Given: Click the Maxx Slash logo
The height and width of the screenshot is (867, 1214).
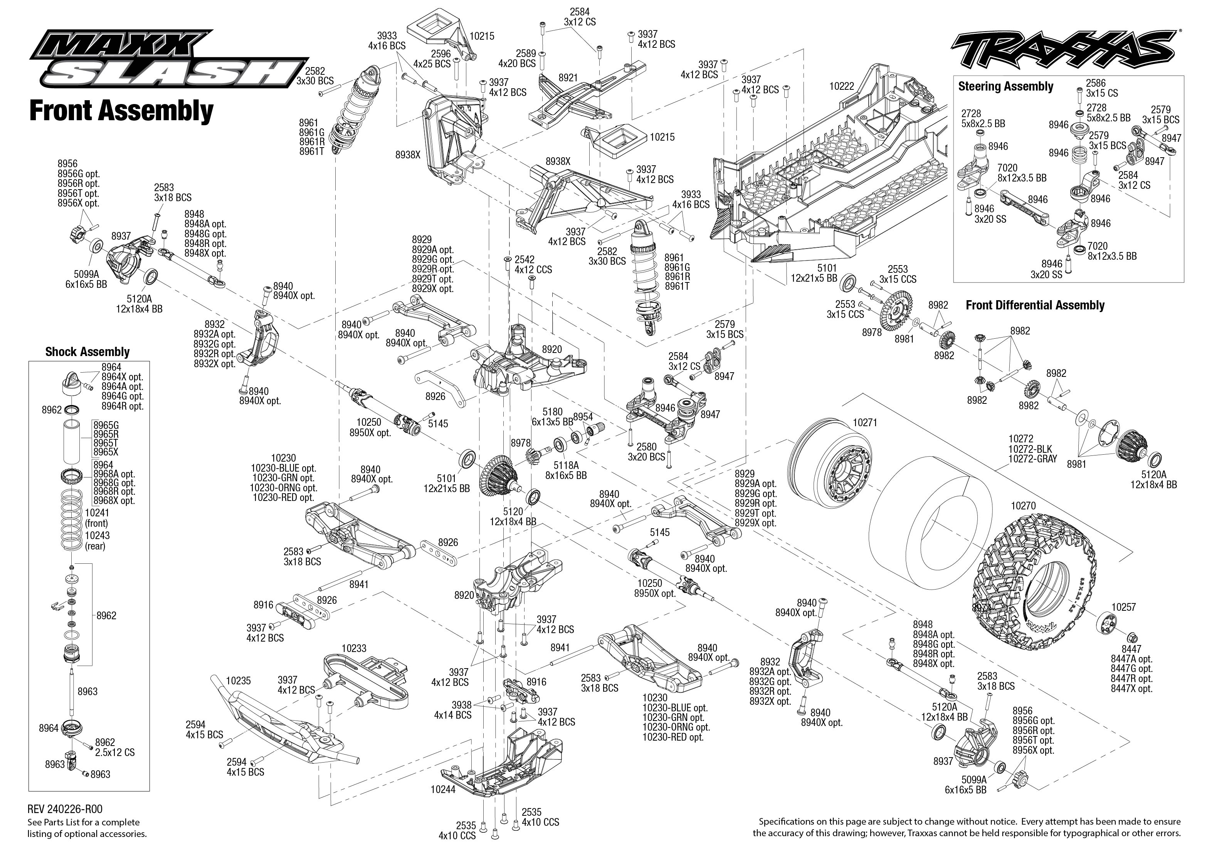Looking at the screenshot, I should (x=170, y=60).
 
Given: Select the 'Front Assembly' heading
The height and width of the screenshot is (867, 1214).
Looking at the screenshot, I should (x=121, y=111).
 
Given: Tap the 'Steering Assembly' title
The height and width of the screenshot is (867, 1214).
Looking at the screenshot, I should (x=1005, y=86).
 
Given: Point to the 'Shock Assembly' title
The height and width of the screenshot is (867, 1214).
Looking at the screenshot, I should (x=87, y=352).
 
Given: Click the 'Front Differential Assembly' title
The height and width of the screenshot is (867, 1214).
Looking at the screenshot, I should (x=1035, y=305).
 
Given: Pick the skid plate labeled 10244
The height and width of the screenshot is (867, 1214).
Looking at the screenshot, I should (x=502, y=763).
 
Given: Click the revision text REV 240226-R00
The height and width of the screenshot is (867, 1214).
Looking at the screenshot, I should (x=65, y=809).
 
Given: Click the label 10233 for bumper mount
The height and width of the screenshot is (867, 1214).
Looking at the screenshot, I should (x=353, y=648).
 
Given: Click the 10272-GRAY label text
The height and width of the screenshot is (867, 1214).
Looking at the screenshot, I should (x=1032, y=459).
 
